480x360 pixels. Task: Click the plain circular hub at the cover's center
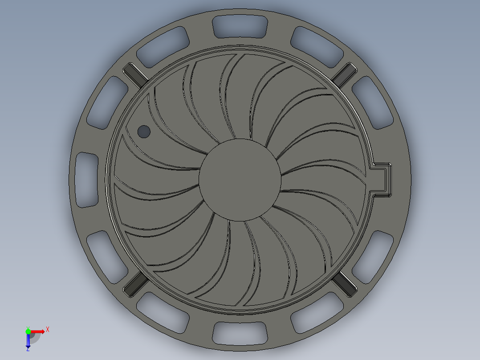tap(240, 180)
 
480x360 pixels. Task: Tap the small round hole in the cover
tap(144, 131)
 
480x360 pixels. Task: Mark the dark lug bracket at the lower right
tap(345, 284)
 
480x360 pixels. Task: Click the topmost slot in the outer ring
tap(240, 27)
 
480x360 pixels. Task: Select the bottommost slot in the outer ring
tap(240, 332)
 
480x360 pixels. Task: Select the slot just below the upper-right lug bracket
tap(373, 102)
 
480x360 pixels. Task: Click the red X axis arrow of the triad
tap(38, 331)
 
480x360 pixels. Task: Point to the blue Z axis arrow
tap(28, 341)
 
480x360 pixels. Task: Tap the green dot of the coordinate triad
tap(28, 331)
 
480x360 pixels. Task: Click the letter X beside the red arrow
tap(48, 330)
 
